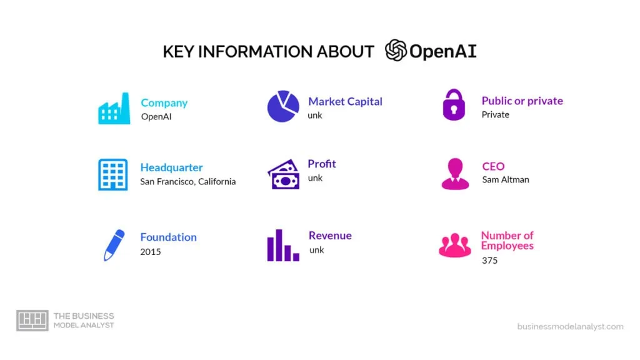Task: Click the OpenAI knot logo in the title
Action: [x=396, y=51]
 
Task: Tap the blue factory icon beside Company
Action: [x=114, y=109]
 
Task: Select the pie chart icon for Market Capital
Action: [x=283, y=106]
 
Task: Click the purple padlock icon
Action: [x=454, y=104]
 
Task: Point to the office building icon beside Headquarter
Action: [x=112, y=174]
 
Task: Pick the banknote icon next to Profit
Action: [x=283, y=174]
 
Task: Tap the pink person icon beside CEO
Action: [x=455, y=174]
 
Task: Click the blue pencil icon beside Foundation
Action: [x=114, y=245]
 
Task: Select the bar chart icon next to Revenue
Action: [x=283, y=245]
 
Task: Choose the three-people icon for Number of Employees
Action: [x=455, y=246]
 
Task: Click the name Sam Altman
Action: [x=505, y=180]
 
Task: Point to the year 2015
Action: [x=150, y=252]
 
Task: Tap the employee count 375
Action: [x=489, y=260]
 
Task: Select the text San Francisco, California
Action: [x=187, y=182]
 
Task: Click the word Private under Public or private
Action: [x=495, y=115]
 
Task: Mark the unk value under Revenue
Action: [x=316, y=250]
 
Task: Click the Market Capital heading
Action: [x=345, y=101]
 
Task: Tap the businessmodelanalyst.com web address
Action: [x=570, y=326]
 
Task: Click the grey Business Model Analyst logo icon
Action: [x=32, y=321]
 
